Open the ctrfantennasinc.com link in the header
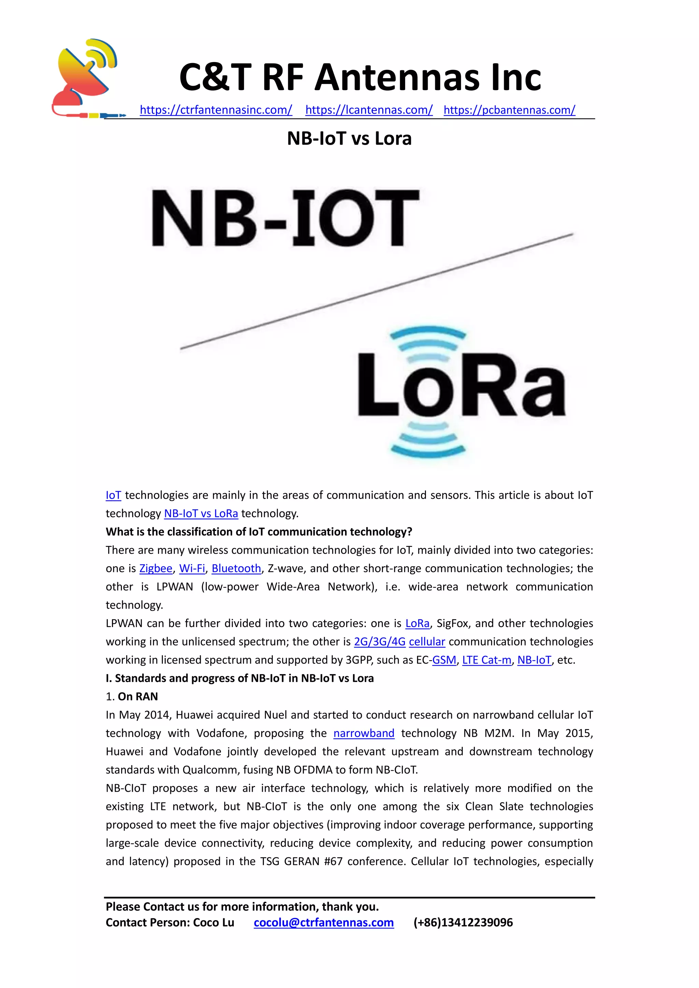(x=216, y=110)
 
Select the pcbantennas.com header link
(x=509, y=110)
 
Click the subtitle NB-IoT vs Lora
(x=349, y=139)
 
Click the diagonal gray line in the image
(x=376, y=291)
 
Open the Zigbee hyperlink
(x=156, y=568)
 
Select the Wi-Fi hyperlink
(x=192, y=568)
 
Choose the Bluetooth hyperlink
(x=236, y=568)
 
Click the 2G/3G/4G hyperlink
(x=380, y=642)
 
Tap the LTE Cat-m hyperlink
(x=486, y=660)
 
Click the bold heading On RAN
(x=138, y=697)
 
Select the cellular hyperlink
(x=427, y=642)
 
